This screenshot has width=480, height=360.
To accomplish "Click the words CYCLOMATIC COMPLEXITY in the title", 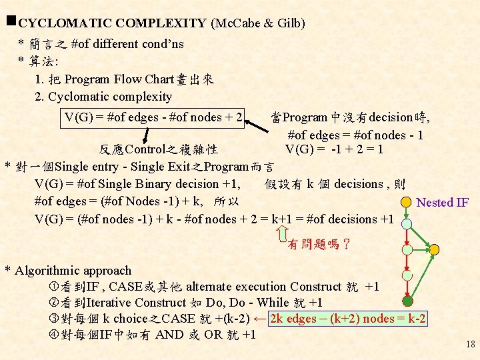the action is (x=112, y=23).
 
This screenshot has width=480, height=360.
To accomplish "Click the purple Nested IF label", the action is (x=442, y=203).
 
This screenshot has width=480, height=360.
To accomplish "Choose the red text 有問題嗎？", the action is (x=319, y=245).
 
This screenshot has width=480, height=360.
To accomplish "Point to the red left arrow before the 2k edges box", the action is (x=260, y=318).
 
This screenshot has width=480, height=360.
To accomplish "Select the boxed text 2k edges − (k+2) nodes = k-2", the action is (x=347, y=319).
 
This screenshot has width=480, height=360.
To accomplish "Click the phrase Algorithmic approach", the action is (x=73, y=271).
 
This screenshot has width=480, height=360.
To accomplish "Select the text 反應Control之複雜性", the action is (x=159, y=149).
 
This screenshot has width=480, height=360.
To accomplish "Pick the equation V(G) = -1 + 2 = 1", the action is (x=334, y=149).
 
